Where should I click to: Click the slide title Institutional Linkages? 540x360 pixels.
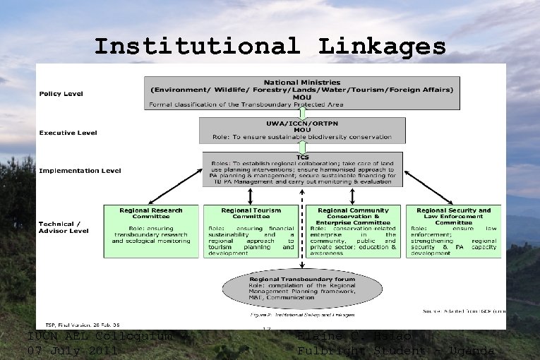pos(270,47)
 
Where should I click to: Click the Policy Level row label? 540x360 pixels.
pos(61,93)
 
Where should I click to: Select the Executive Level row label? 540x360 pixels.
pos(68,132)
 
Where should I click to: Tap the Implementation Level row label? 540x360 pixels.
pos(80,170)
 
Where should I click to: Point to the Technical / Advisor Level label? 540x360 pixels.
pos(63,226)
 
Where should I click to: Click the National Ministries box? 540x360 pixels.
pos(302,93)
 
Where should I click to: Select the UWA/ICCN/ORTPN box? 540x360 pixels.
pos(302,129)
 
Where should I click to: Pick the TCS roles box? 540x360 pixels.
pos(302,169)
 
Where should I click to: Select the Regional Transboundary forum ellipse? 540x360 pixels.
pos(302,289)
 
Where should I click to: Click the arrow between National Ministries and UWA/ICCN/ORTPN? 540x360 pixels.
pos(302,113)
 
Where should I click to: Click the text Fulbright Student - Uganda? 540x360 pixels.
pos(395,351)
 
